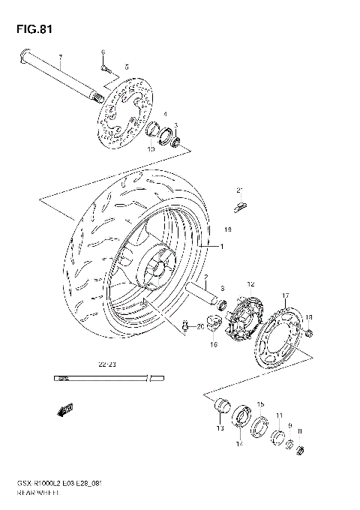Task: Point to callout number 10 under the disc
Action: click(x=151, y=149)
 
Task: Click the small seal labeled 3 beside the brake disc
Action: click(x=178, y=140)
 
